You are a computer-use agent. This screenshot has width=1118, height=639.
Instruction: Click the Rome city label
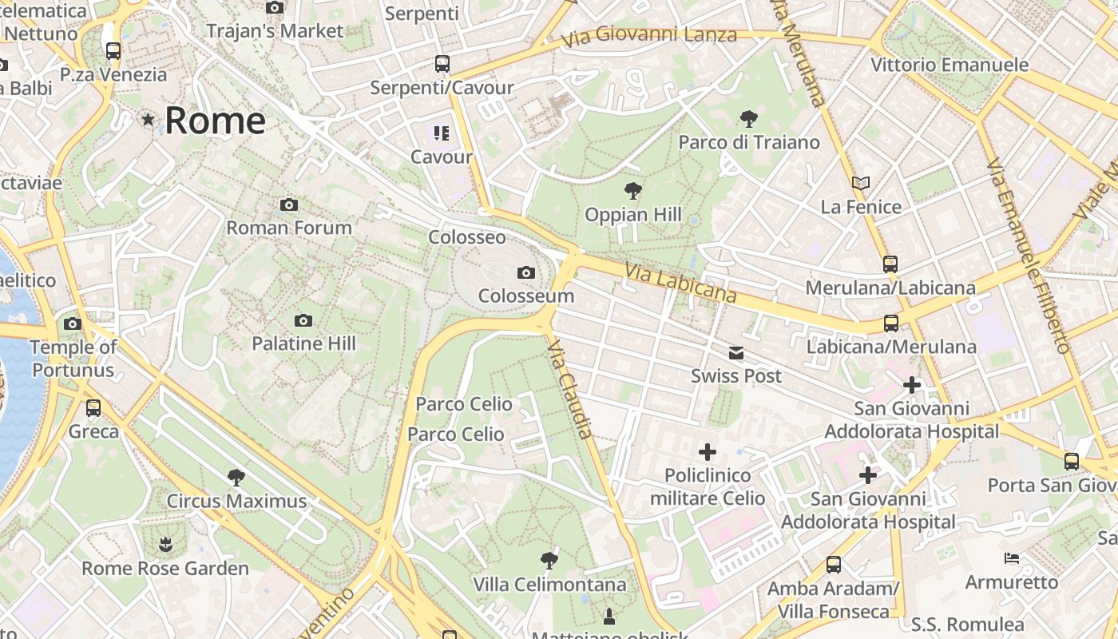click(215, 121)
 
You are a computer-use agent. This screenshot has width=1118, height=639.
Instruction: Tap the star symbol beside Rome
click(148, 120)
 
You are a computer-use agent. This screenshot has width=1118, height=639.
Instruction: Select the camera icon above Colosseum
click(525, 273)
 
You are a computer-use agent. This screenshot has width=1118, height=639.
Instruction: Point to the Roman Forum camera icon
click(289, 205)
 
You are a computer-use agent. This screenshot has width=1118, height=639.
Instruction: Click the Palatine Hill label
click(303, 343)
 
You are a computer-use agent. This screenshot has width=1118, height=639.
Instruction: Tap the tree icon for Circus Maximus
click(236, 478)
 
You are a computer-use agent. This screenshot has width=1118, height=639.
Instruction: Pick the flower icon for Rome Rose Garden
click(165, 546)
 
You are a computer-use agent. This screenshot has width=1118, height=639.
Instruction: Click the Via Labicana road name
click(680, 284)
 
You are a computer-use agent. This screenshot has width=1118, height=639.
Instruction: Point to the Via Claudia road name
click(571, 389)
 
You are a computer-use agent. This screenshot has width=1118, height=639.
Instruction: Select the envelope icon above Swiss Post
click(735, 353)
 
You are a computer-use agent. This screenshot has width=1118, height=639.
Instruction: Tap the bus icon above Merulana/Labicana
click(890, 264)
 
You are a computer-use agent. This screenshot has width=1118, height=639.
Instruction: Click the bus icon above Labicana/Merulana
click(891, 323)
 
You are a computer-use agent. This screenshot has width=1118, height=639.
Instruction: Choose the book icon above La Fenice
click(861, 184)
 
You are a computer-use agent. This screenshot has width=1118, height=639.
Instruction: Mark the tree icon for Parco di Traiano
click(748, 119)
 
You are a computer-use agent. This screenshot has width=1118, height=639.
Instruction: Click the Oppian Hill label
click(633, 214)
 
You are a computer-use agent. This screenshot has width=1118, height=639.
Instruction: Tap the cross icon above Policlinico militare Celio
click(707, 452)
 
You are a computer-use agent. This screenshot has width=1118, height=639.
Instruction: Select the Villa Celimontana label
click(549, 585)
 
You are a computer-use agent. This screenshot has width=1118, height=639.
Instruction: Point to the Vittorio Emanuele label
click(950, 65)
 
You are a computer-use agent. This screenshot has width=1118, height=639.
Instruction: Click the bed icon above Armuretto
click(1012, 558)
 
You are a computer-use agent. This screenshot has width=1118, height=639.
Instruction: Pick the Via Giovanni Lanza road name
click(648, 36)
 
